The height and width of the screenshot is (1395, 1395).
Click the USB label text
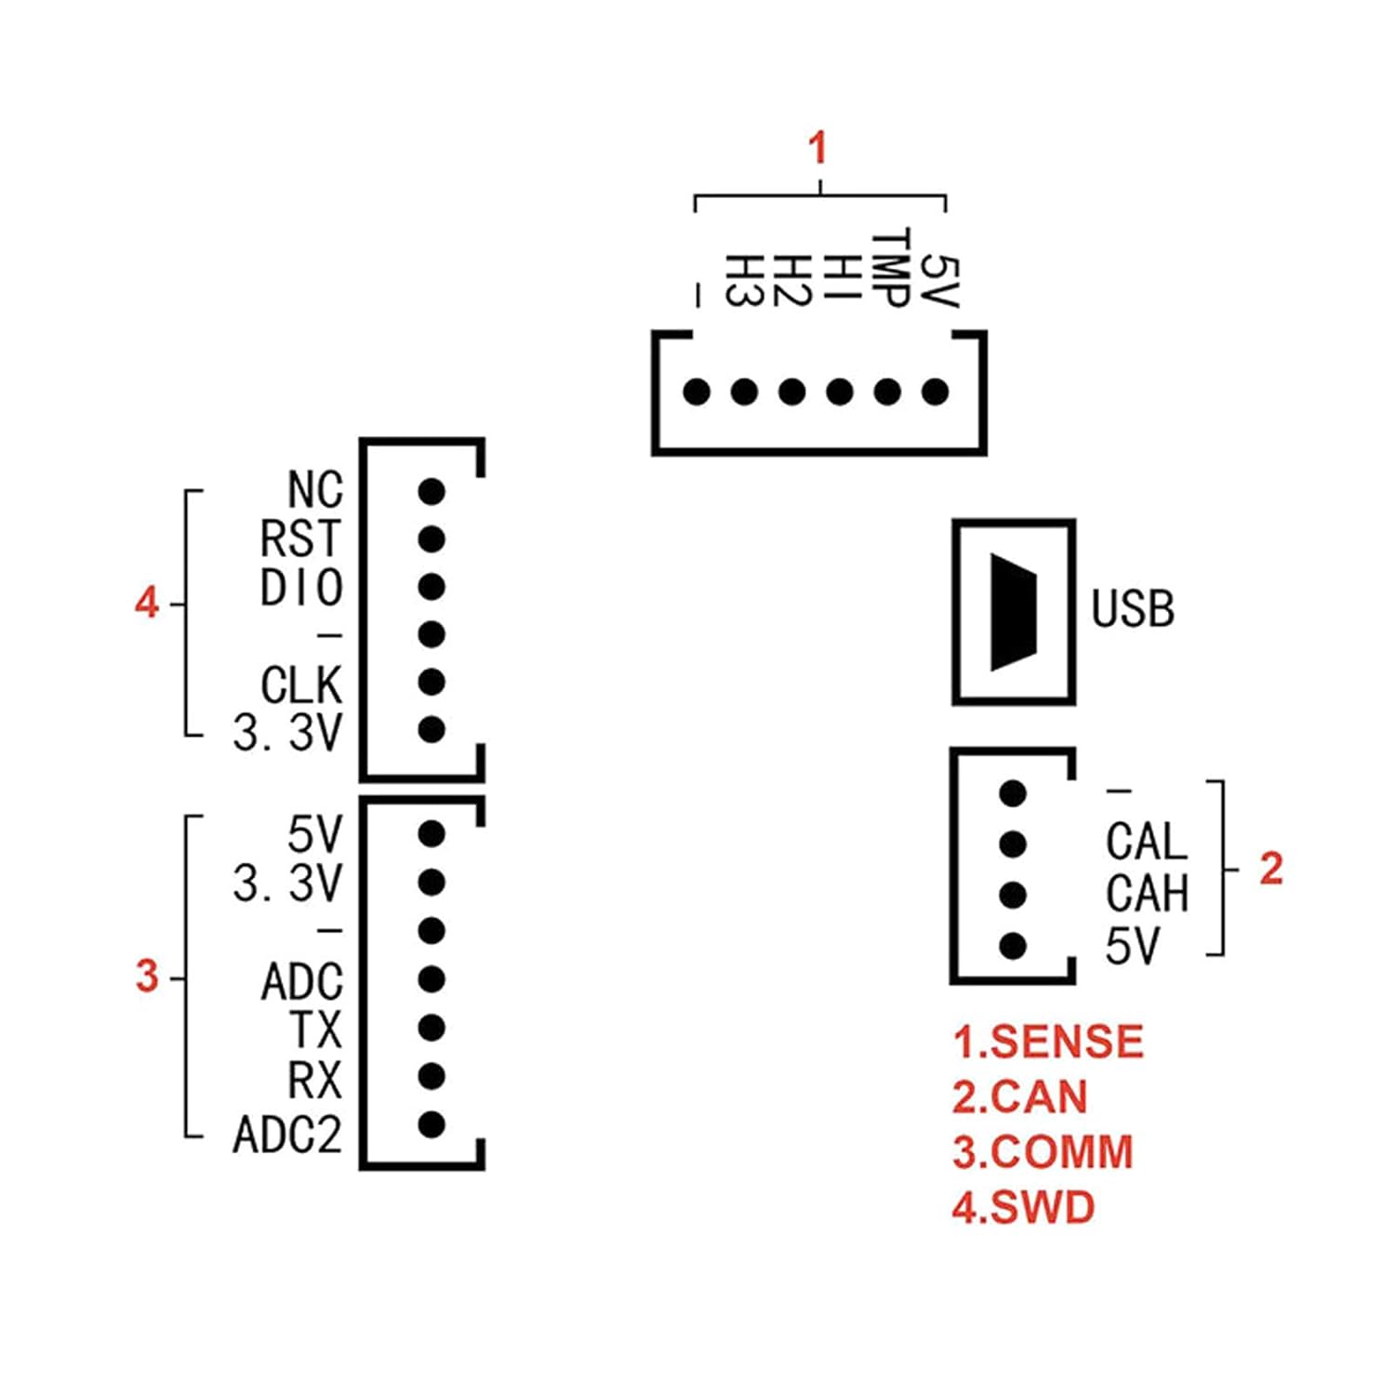click(x=1133, y=609)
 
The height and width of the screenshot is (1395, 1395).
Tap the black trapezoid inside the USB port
click(x=1013, y=612)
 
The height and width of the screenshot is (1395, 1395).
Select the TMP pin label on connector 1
click(x=889, y=268)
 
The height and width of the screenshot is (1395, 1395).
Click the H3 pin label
click(x=743, y=280)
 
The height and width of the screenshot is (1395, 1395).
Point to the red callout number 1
click(x=817, y=148)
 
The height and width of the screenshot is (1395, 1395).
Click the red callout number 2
click(x=1270, y=869)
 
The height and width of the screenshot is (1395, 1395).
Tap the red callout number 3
click(x=147, y=976)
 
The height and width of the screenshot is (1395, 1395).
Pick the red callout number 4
click(x=147, y=603)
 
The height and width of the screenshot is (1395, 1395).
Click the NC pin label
click(x=315, y=490)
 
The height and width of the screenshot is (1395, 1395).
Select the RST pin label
click(x=301, y=539)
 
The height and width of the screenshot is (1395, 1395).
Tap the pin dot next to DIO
click(x=432, y=587)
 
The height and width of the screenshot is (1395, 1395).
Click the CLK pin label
click(x=301, y=685)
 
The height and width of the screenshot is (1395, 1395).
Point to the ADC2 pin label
click(x=287, y=1135)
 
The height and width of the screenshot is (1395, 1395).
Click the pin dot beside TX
click(x=432, y=1028)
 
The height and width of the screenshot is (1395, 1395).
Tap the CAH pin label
click(x=1147, y=895)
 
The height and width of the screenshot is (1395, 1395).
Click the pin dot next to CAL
click(x=1013, y=844)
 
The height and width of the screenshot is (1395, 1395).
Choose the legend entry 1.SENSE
click(x=1048, y=1042)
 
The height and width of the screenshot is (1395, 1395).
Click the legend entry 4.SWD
click(x=1023, y=1207)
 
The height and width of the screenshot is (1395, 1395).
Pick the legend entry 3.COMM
click(x=1043, y=1152)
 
